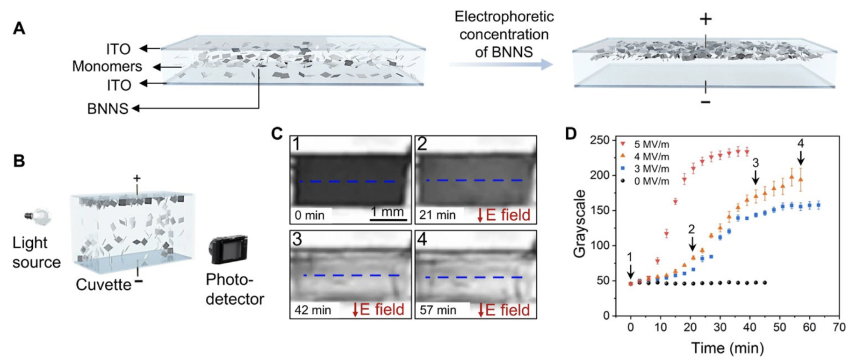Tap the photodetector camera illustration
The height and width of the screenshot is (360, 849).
(x=228, y=250)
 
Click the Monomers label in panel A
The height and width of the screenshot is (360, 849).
(x=107, y=67)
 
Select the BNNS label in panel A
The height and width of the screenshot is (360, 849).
(x=108, y=109)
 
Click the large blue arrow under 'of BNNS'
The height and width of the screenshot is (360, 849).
(x=501, y=64)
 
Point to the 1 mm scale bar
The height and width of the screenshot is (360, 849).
(x=388, y=219)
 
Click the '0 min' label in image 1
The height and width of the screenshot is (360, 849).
(x=309, y=216)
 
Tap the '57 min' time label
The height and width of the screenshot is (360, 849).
(x=438, y=310)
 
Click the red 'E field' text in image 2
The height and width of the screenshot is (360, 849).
(x=508, y=215)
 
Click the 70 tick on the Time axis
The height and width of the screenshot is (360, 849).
(x=839, y=327)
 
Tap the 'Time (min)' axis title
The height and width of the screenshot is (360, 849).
(x=727, y=348)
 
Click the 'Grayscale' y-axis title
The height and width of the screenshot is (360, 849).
(x=580, y=223)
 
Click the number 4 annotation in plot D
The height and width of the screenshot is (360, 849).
(x=801, y=144)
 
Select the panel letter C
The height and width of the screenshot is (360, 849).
(x=277, y=134)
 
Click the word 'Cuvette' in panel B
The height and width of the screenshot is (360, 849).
(x=103, y=285)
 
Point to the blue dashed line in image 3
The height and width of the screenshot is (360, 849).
(x=351, y=275)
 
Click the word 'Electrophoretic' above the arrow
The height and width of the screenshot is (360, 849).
(x=504, y=17)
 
